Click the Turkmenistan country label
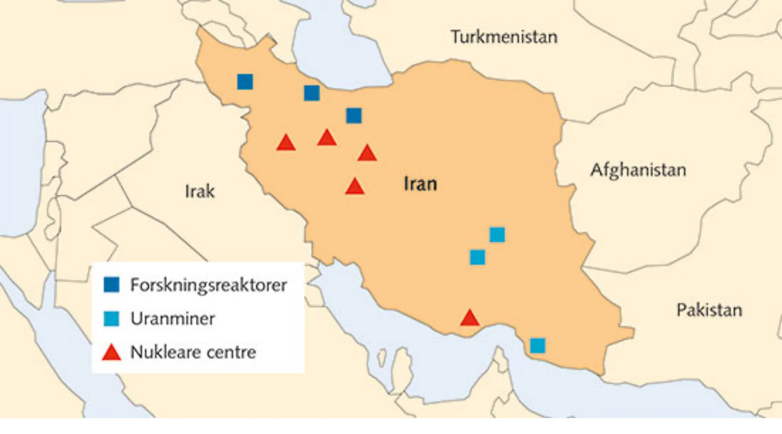pyautogui.click(x=504, y=37)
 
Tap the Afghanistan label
pyautogui.click(x=638, y=170)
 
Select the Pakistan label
pyautogui.click(x=709, y=310)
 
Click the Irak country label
pyautogui.click(x=200, y=191)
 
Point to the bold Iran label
pyautogui.click(x=420, y=184)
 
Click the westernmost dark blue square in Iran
pyautogui.click(x=245, y=82)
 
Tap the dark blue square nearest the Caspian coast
pyautogui.click(x=312, y=93)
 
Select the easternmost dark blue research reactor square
pyautogui.click(x=354, y=116)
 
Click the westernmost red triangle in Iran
pyautogui.click(x=286, y=143)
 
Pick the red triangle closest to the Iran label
pyautogui.click(x=355, y=187)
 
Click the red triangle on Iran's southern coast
pyautogui.click(x=470, y=319)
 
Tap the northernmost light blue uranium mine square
pyautogui.click(x=497, y=235)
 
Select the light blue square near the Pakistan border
pyautogui.click(x=538, y=346)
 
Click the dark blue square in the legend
pyautogui.click(x=111, y=285)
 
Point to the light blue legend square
pyautogui.click(x=111, y=319)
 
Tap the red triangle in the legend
pyautogui.click(x=111, y=353)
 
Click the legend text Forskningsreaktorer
pyautogui.click(x=208, y=285)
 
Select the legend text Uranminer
pyautogui.click(x=172, y=319)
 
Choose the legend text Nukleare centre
pyautogui.click(x=193, y=352)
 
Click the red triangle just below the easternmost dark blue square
pyautogui.click(x=367, y=153)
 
